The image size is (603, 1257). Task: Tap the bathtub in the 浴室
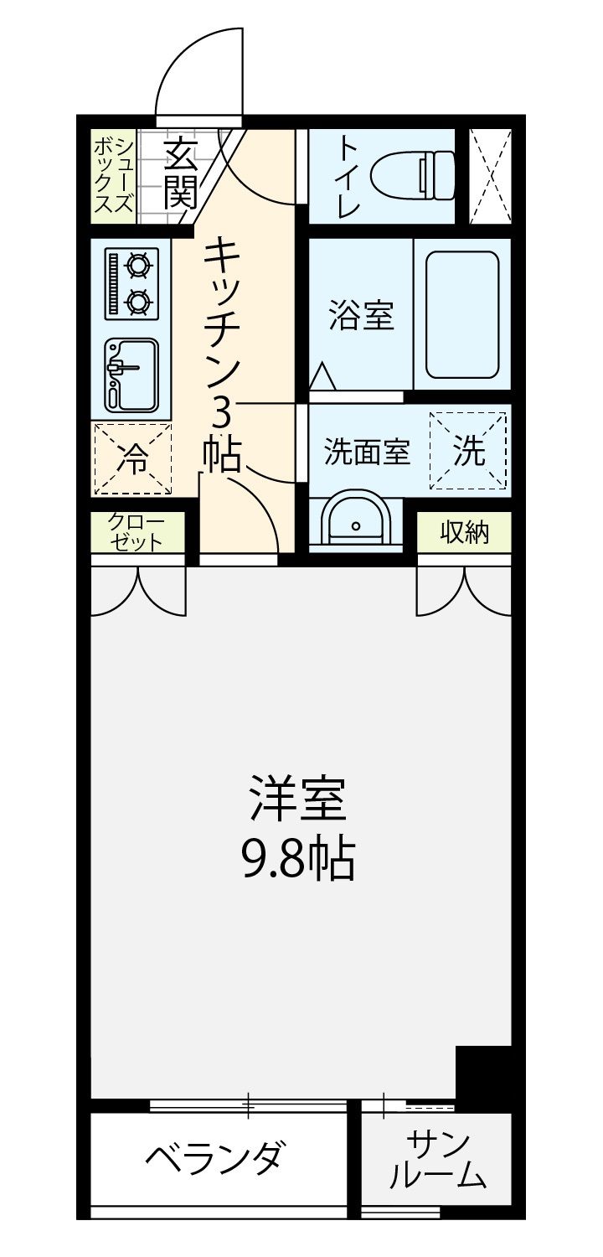pyautogui.click(x=462, y=313)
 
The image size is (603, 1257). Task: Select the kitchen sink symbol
pyautogui.click(x=131, y=375)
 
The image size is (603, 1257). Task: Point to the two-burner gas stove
pyautogui.click(x=131, y=284)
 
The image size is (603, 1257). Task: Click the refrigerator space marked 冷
pyautogui.click(x=132, y=459)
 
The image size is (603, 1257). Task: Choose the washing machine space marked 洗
pyautogui.click(x=468, y=450)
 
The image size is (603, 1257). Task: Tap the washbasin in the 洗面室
pyautogui.click(x=355, y=519)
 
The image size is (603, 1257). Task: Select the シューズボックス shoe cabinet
pyautogui.click(x=114, y=177)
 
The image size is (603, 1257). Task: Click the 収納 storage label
pyautogui.click(x=465, y=532)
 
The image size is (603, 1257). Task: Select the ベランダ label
pyautogui.click(x=214, y=1156)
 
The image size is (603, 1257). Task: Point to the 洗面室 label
pyautogui.click(x=368, y=451)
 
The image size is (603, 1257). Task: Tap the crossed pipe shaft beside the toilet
pyautogui.click(x=490, y=176)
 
